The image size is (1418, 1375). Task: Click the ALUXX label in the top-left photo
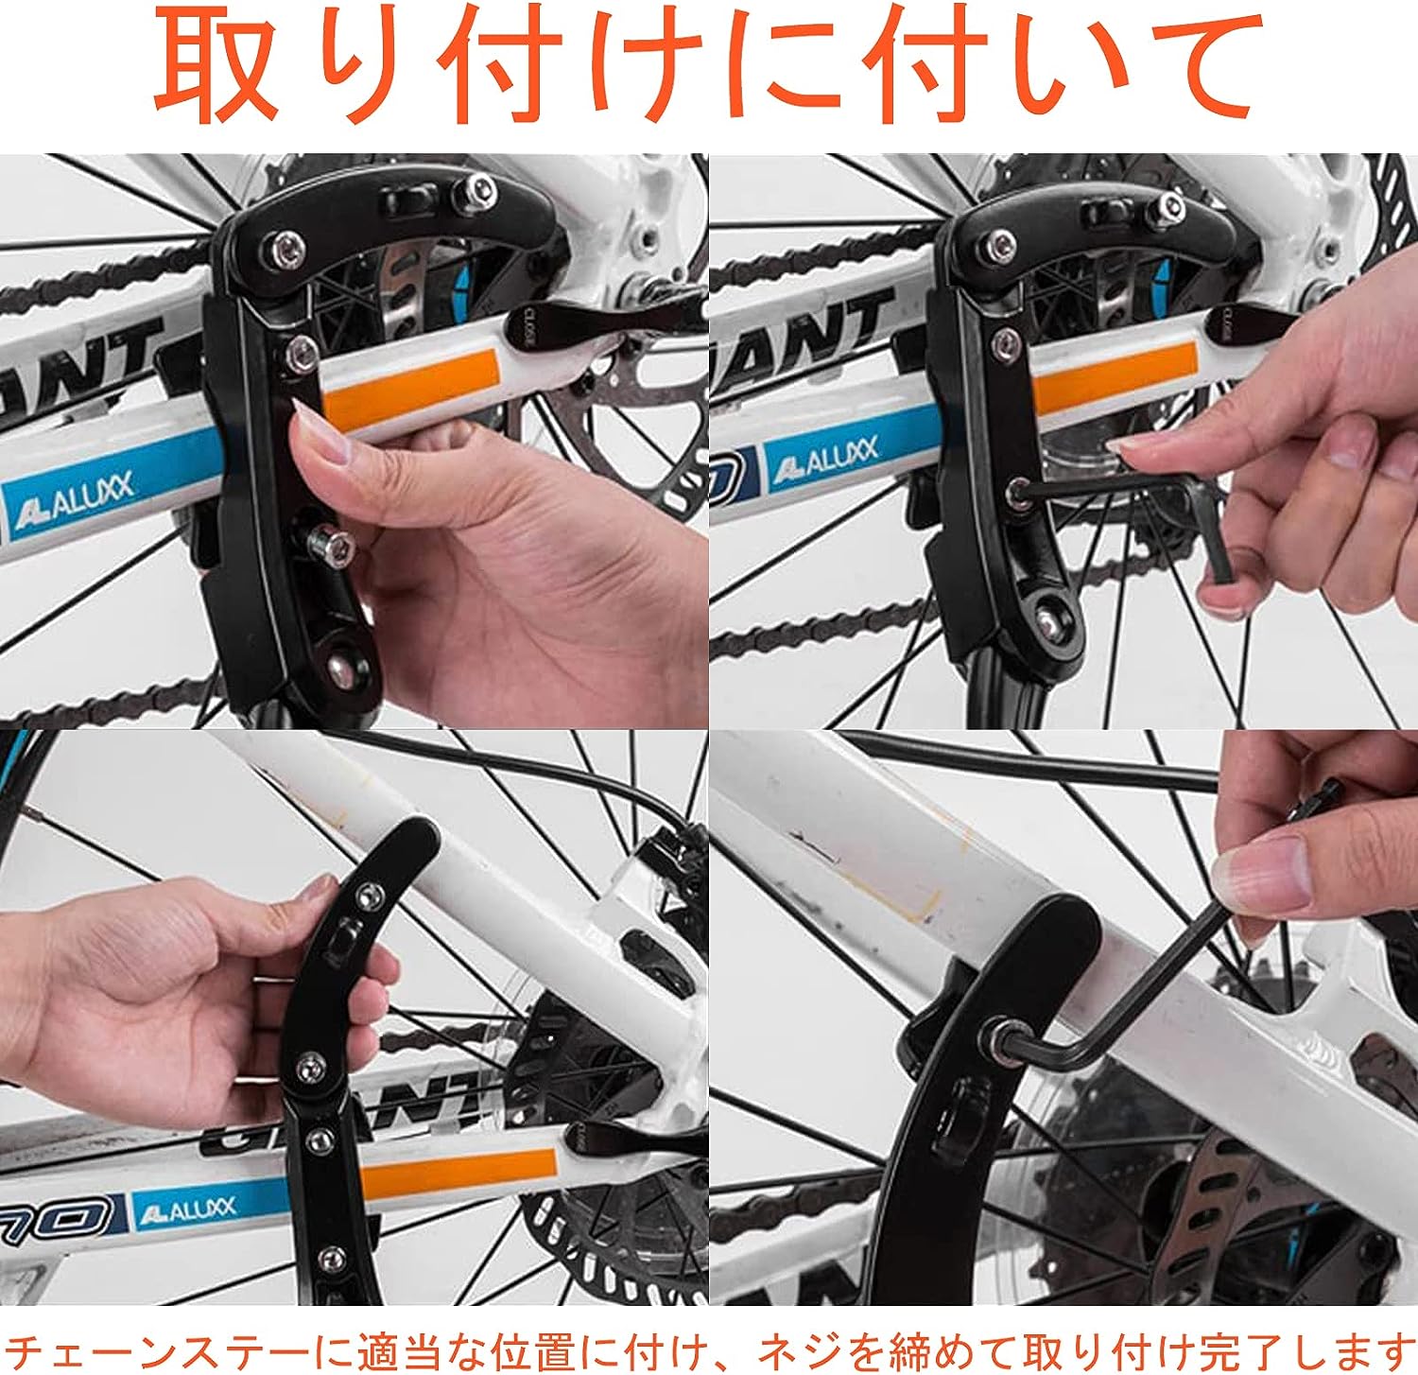76,506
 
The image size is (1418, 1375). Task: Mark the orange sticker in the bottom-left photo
458,1175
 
